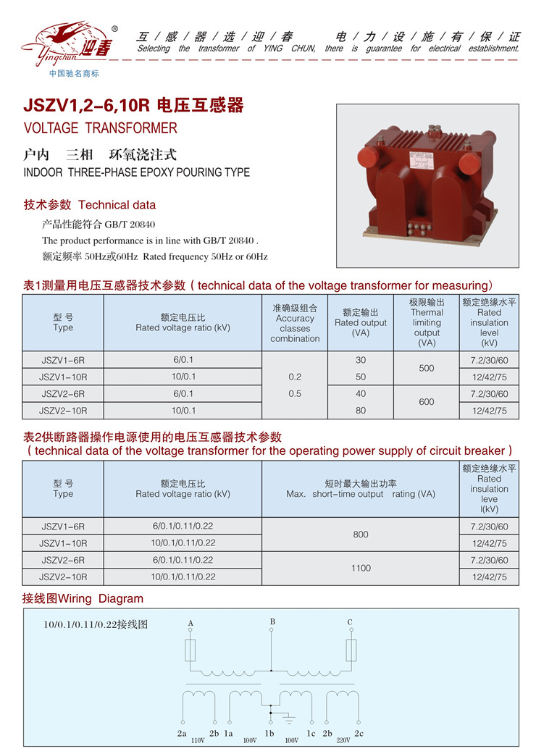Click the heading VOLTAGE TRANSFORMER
(101, 128)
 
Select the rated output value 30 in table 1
(361, 360)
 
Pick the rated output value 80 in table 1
(361, 411)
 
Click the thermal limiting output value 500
(427, 369)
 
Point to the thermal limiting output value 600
(427, 402)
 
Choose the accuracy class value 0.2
(295, 377)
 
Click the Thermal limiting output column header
(427, 322)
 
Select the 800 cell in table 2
(361, 535)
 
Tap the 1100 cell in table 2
(361, 569)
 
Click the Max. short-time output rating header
(361, 489)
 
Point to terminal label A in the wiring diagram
(190, 623)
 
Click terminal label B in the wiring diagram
(272, 621)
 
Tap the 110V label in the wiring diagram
(198, 740)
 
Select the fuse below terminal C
(351, 650)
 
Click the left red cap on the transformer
(365, 157)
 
